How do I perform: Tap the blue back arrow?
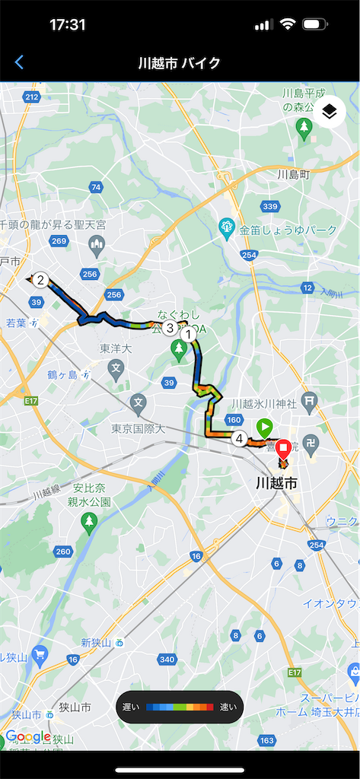pyautogui.click(x=19, y=62)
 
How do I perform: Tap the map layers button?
pyautogui.click(x=329, y=112)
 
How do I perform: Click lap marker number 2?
pyautogui.click(x=41, y=280)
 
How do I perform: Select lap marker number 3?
pyautogui.click(x=170, y=328)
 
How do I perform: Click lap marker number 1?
pyautogui.click(x=188, y=333)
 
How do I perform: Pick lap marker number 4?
pyautogui.click(x=240, y=438)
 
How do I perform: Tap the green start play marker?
pyautogui.click(x=264, y=427)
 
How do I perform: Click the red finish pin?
pyautogui.click(x=285, y=450)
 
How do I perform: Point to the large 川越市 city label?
pyautogui.click(x=276, y=483)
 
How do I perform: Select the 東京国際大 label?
pyautogui.click(x=137, y=428)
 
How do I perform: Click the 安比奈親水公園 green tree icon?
pyautogui.click(x=90, y=522)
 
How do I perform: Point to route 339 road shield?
pyautogui.click(x=269, y=206)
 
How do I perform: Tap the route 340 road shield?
pyautogui.click(x=167, y=659)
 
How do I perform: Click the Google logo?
pyautogui.click(x=28, y=736)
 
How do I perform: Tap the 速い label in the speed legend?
pyautogui.click(x=228, y=707)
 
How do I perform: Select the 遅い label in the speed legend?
pyautogui.click(x=131, y=707)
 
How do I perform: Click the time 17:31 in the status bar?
pyautogui.click(x=68, y=24)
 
